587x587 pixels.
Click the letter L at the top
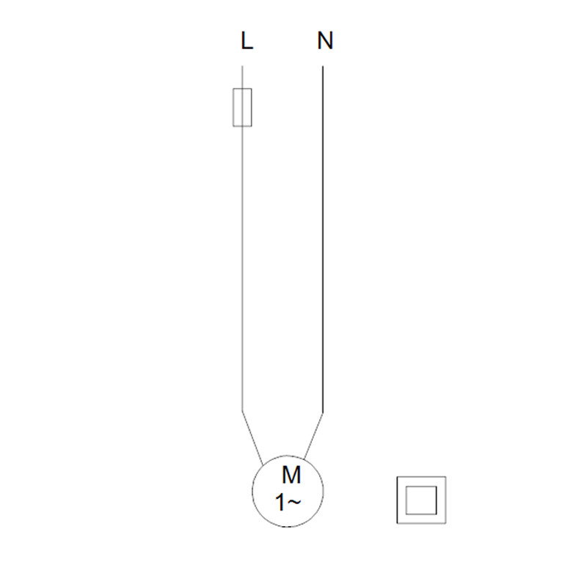[x=247, y=40]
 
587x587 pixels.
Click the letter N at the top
[x=325, y=40]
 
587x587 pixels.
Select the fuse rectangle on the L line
[x=242, y=107]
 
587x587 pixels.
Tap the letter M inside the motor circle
[x=291, y=475]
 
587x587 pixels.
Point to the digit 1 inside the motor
[x=280, y=503]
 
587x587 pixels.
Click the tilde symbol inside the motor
[x=294, y=502]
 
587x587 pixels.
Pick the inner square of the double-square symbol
[x=421, y=486]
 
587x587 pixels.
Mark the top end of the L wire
[x=242, y=66]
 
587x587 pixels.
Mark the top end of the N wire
[x=323, y=66]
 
